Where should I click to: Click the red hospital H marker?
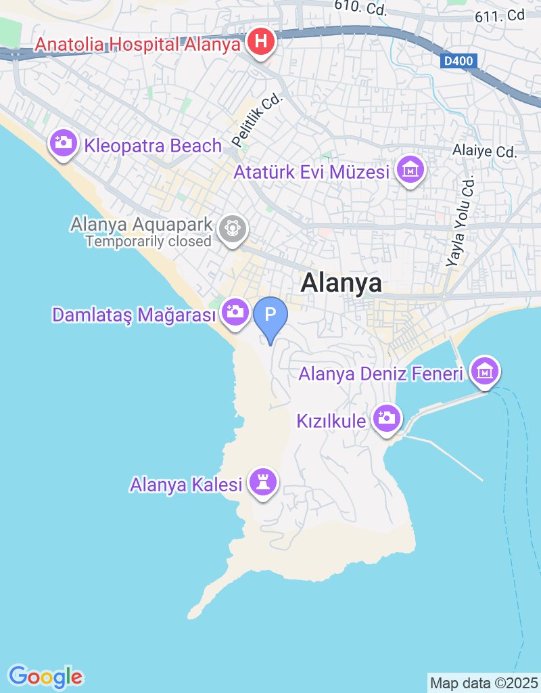tap(260, 43)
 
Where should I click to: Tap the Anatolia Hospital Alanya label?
tap(138, 45)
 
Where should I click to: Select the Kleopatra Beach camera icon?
tap(63, 143)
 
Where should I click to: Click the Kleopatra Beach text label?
tap(153, 146)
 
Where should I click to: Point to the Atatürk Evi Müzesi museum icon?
tap(410, 169)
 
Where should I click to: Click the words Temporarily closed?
tap(149, 241)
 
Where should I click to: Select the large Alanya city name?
tap(342, 283)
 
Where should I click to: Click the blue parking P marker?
tap(270, 315)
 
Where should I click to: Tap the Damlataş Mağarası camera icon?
tap(235, 311)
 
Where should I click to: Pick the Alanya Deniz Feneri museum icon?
tap(485, 370)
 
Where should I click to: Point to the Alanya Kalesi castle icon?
tap(261, 482)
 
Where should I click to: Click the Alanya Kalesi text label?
tap(186, 485)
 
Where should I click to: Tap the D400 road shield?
tap(460, 62)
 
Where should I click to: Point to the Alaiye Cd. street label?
tap(485, 152)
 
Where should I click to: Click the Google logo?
tap(45, 676)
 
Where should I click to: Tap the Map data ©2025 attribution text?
tap(484, 682)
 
